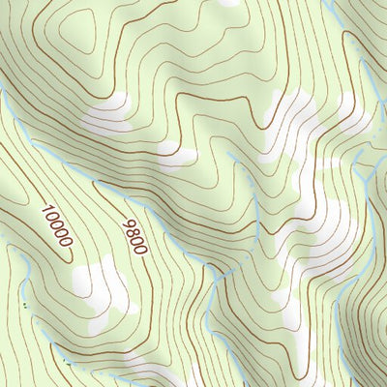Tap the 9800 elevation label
point(134,236)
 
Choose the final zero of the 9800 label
point(141,250)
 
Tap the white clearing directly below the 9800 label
point(102,283)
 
